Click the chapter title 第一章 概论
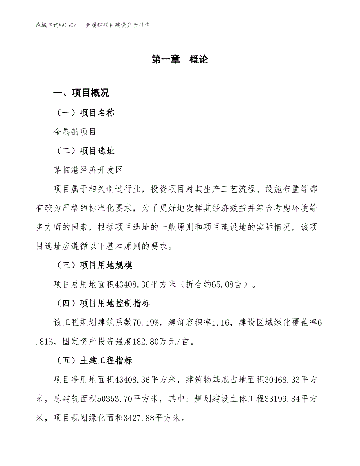click(180, 59)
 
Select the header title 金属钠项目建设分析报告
click(117, 25)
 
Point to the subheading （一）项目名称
click(84, 113)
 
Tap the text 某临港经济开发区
click(88, 170)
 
